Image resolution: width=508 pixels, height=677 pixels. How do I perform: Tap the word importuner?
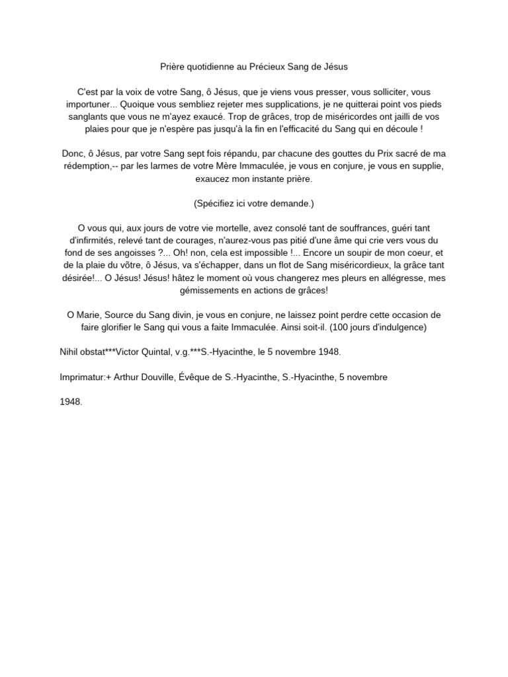[91, 104]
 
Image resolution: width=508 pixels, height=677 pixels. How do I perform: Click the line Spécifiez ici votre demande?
[254, 203]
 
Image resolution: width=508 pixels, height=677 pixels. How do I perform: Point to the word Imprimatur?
[82, 377]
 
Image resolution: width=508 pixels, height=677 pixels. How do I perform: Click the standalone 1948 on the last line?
[71, 402]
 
